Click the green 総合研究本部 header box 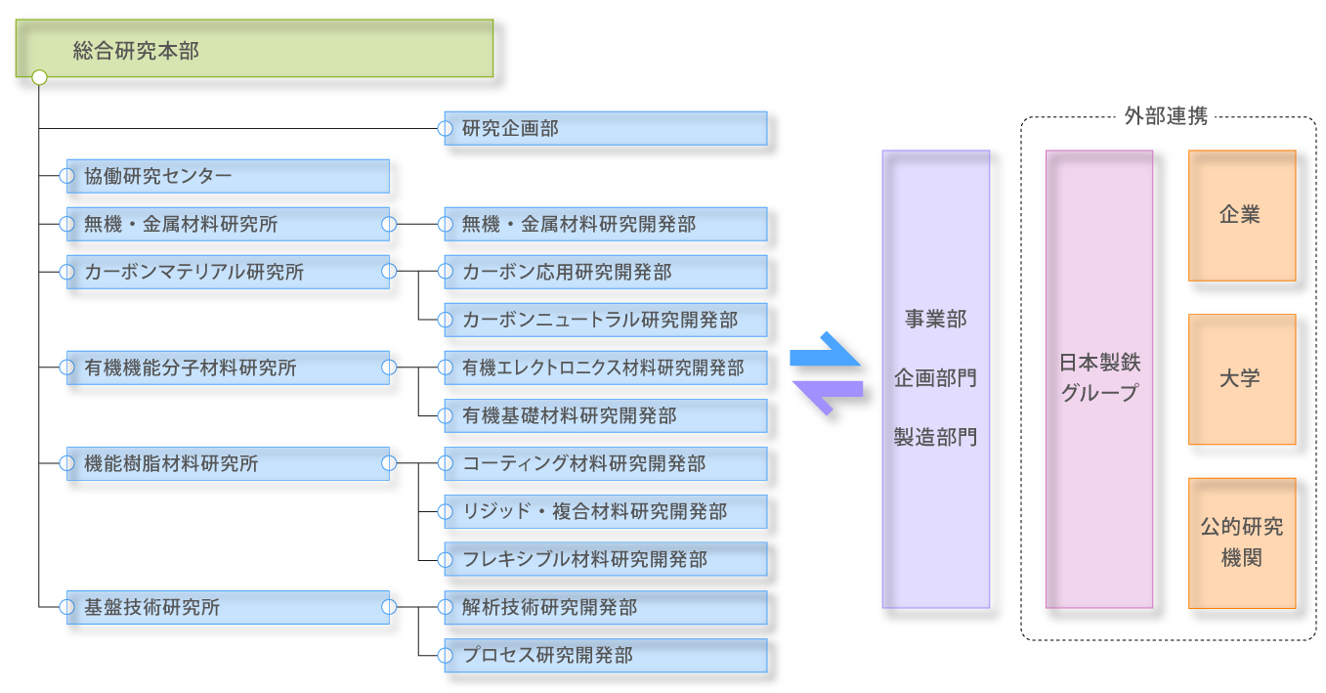254,49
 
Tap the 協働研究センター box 228,176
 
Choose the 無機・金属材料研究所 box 228,224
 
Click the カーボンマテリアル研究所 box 228,272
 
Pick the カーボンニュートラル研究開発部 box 606,320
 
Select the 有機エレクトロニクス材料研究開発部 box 606,368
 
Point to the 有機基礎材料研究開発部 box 606,415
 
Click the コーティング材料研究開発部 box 606,463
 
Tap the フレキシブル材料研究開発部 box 606,559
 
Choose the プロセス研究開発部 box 606,655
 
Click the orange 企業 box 1242,216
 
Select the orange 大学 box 1242,379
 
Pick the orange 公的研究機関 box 1242,542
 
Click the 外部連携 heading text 1166,116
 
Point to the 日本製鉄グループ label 1099,378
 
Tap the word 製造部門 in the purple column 935,438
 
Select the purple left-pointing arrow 825,393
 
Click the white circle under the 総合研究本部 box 39,77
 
